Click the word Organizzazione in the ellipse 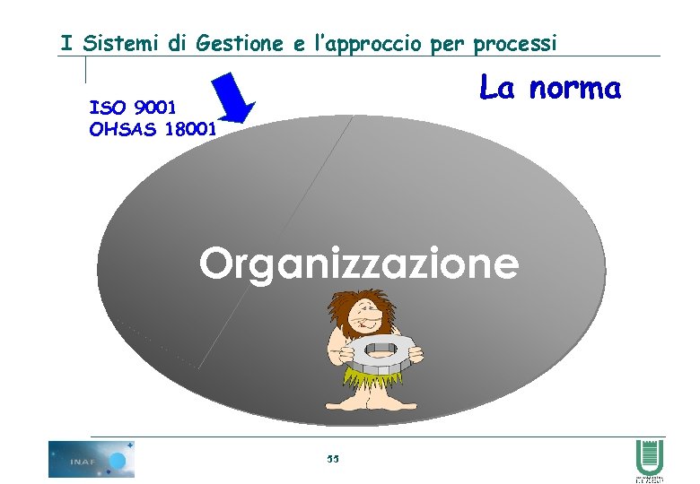pos(359,264)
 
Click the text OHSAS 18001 pos(153,129)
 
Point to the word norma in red pos(574,89)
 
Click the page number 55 pos(333,459)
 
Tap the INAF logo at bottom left pos(92,459)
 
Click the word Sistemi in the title pos(121,42)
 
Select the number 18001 pos(188,129)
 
